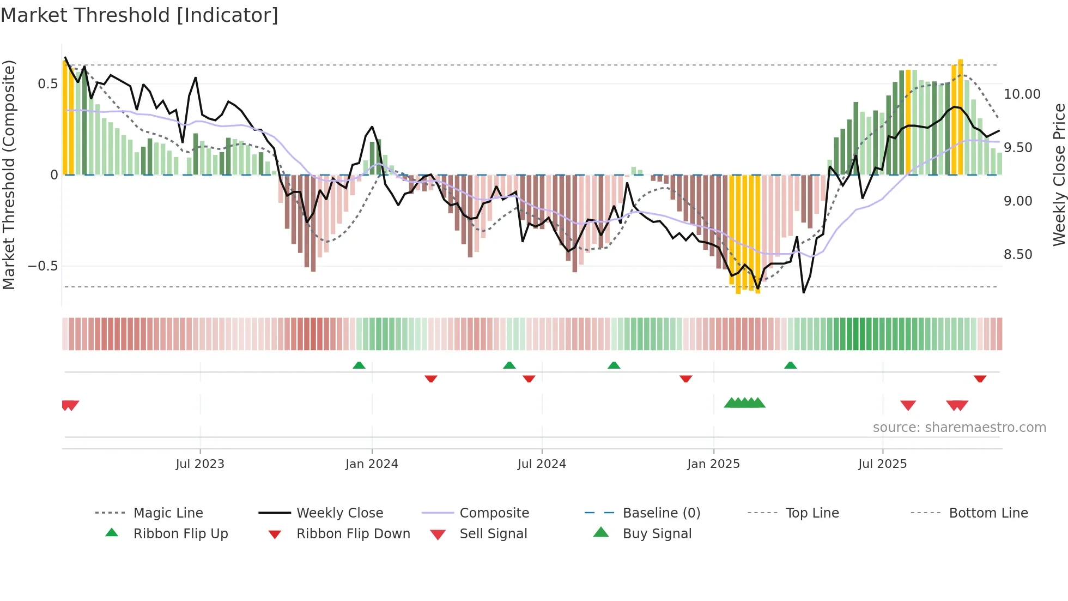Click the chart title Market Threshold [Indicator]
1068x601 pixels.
(x=139, y=15)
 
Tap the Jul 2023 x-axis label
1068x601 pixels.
(x=200, y=464)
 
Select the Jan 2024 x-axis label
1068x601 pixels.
(x=372, y=464)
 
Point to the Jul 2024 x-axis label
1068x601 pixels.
(x=542, y=464)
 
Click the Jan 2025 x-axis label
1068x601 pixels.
(x=713, y=464)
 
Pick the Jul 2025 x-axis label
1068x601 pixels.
(x=882, y=464)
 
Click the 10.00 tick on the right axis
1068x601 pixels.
(x=1022, y=94)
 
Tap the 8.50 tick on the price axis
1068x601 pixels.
(x=1018, y=255)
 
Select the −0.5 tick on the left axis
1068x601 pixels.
(x=43, y=266)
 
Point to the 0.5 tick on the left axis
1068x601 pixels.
(x=47, y=84)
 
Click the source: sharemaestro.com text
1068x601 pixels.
(x=959, y=428)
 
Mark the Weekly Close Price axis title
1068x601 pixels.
(x=1059, y=175)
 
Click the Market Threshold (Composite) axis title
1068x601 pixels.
(x=9, y=175)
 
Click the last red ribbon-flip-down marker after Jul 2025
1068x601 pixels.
(x=980, y=379)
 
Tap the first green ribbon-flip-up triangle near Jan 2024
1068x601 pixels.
(x=359, y=365)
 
